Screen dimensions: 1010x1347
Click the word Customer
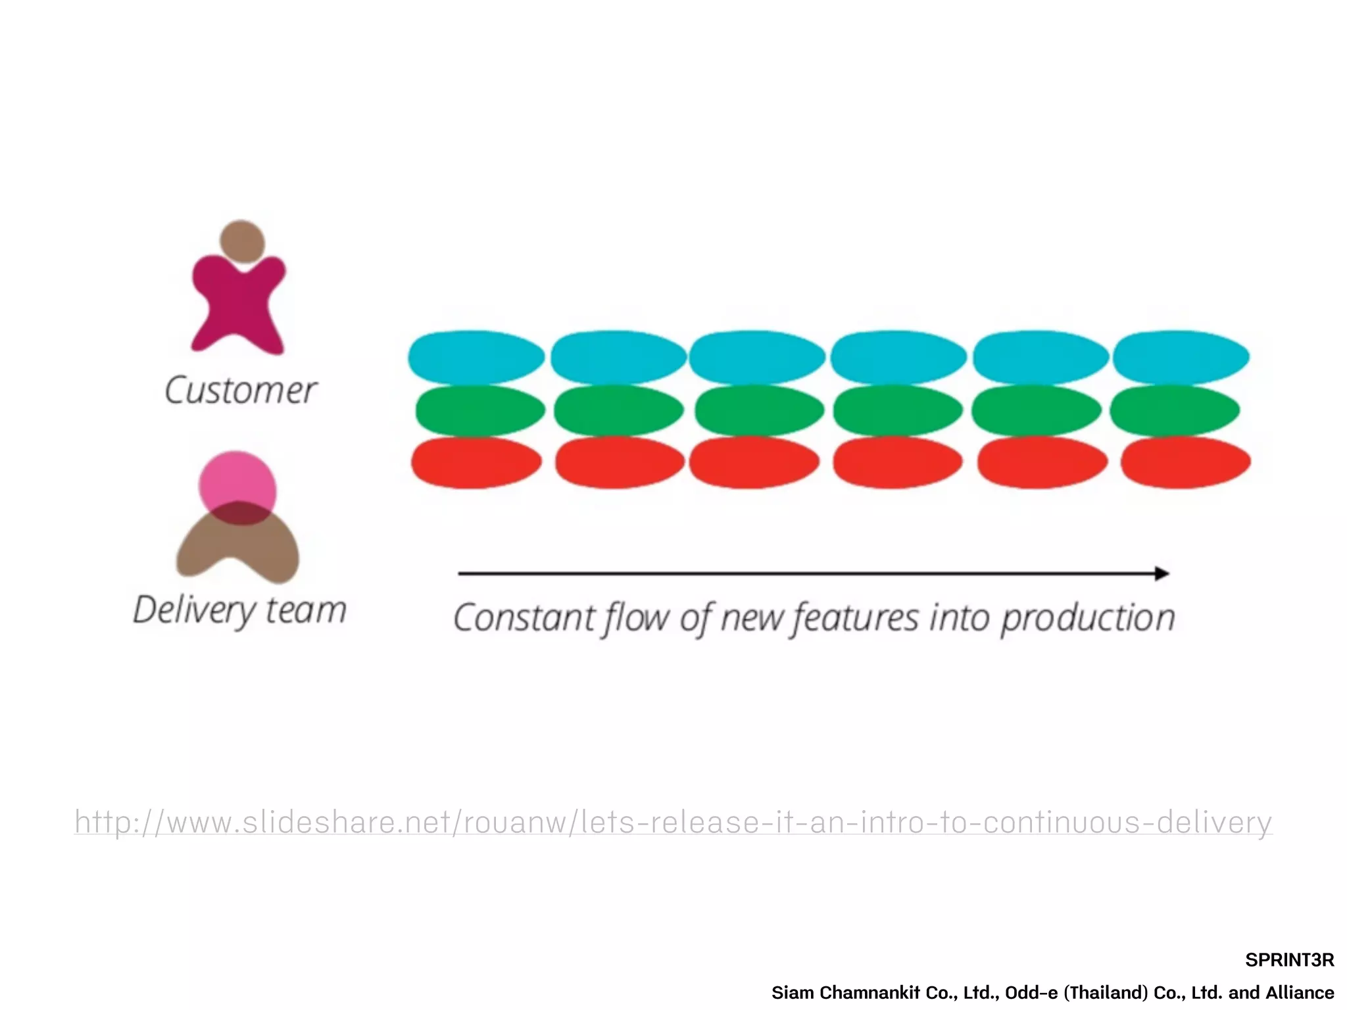241,391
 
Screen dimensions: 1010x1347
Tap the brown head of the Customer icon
242,241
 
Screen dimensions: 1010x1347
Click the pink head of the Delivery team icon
237,480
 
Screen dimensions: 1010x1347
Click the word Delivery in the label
193,610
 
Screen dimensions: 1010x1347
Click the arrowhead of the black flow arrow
1162,573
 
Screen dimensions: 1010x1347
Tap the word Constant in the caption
524,618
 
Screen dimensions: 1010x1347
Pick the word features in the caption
855,618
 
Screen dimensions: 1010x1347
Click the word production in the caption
1088,618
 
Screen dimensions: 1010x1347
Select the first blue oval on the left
476,357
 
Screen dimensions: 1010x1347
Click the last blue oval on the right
1181,357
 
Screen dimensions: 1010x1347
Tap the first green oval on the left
480,410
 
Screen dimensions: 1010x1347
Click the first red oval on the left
476,462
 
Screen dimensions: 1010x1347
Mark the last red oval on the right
1185,462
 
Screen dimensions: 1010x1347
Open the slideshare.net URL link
673,822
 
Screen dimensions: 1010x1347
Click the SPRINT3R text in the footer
1289,960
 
